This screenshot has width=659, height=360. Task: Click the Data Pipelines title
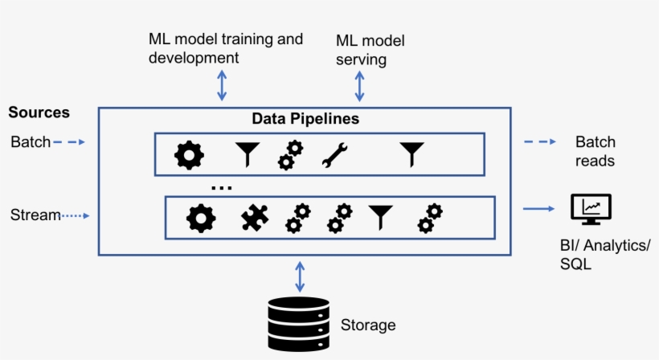click(x=305, y=119)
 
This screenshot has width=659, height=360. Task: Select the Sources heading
click(x=39, y=112)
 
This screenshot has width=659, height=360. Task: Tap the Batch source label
click(x=31, y=142)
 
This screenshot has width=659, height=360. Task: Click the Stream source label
click(x=35, y=215)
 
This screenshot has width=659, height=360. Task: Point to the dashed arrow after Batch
click(x=70, y=142)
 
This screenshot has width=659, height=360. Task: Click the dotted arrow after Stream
click(x=76, y=215)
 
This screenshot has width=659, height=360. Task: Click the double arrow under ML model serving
click(x=360, y=84)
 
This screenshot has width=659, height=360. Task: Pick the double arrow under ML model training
click(x=223, y=84)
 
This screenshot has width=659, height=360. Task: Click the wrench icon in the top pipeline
click(x=334, y=154)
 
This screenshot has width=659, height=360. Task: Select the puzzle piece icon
click(x=255, y=218)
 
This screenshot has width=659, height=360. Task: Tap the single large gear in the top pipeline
click(x=190, y=154)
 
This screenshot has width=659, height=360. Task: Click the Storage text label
click(x=368, y=325)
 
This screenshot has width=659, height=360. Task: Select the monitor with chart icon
click(x=590, y=210)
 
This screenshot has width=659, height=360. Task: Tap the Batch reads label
click(x=595, y=151)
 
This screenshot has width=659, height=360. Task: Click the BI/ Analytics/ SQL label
click(x=605, y=254)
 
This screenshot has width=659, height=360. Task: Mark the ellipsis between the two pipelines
click(x=221, y=188)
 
